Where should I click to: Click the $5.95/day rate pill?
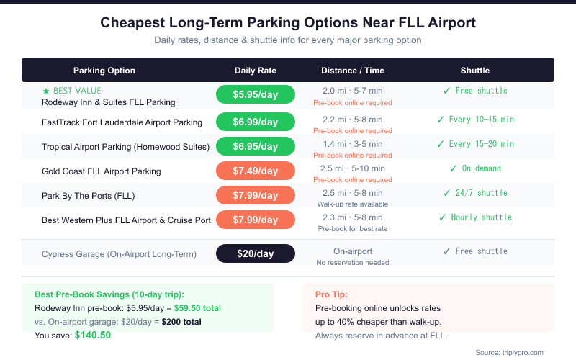[256, 94]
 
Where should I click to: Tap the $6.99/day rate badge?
[256, 122]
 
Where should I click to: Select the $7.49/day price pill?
[256, 171]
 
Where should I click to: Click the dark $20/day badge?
[256, 253]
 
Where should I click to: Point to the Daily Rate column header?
[256, 71]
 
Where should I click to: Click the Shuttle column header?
[475, 71]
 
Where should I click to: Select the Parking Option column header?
[104, 71]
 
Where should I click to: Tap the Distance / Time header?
[353, 71]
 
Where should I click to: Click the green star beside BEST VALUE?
[46, 91]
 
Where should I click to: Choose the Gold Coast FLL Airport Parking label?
[102, 171]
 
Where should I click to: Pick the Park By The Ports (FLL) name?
[89, 196]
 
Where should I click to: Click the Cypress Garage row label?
[118, 253]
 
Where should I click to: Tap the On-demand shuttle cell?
[475, 168]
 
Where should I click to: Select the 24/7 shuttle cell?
[475, 193]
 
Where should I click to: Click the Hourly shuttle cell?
[475, 217]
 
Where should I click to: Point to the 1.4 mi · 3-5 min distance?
[353, 145]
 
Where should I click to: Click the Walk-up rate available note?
[353, 204]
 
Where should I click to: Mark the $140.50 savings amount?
[93, 335]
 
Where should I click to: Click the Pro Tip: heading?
[332, 294]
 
